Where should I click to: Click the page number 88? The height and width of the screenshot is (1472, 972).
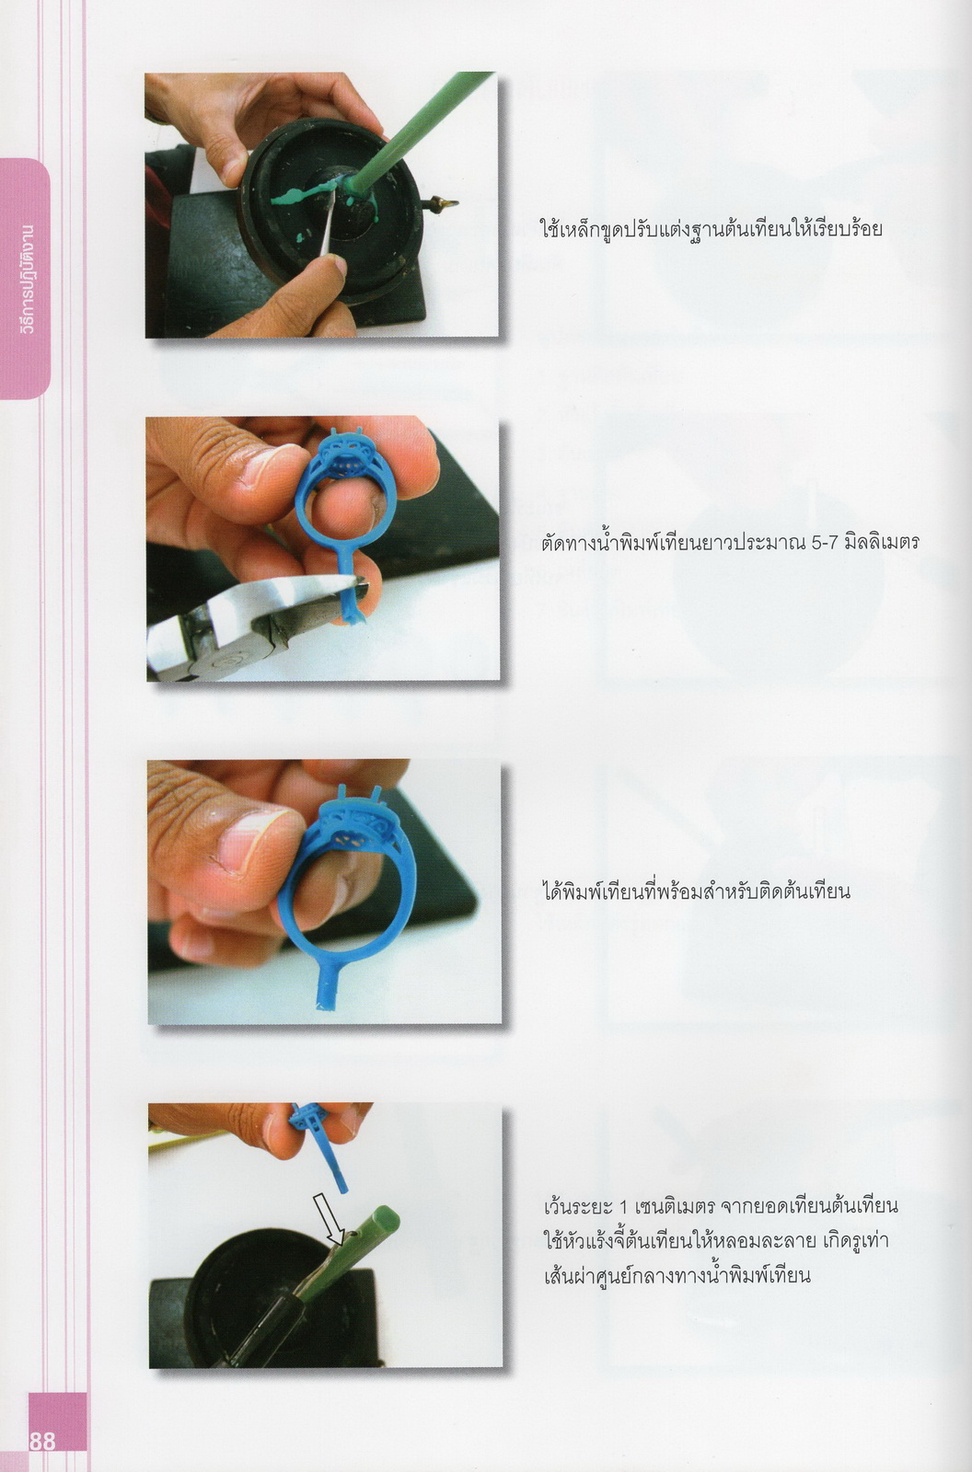point(42,1442)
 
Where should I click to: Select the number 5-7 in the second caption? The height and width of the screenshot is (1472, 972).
point(827,542)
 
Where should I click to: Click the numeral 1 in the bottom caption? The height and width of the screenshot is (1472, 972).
point(625,1207)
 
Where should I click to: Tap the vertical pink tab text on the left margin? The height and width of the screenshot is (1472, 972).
point(27,279)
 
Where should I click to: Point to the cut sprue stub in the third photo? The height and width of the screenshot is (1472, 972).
point(329,984)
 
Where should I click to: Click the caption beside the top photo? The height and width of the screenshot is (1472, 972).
point(711,229)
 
